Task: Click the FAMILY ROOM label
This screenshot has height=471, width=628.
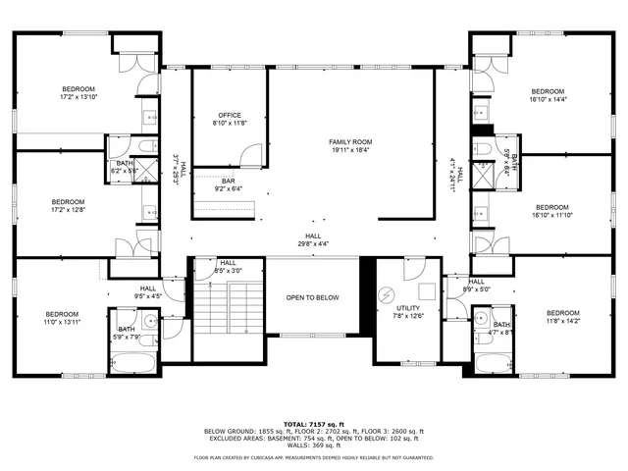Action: coord(350,142)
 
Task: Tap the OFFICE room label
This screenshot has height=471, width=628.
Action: coord(231,115)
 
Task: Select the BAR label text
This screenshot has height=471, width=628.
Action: coord(228,181)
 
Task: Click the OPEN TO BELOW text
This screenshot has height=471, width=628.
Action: coord(313,297)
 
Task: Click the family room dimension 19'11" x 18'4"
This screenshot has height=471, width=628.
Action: coord(350,150)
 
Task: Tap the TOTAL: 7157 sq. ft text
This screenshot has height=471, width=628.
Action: coord(313,423)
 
